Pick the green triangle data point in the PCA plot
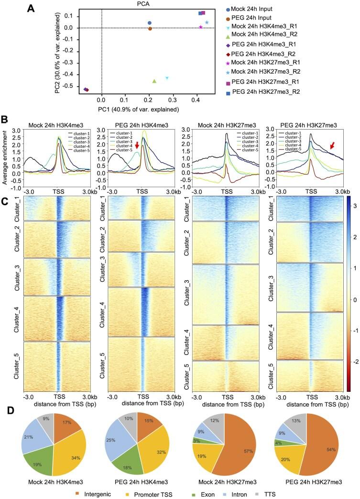(x=154, y=81)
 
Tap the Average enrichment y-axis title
(x=5, y=151)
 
